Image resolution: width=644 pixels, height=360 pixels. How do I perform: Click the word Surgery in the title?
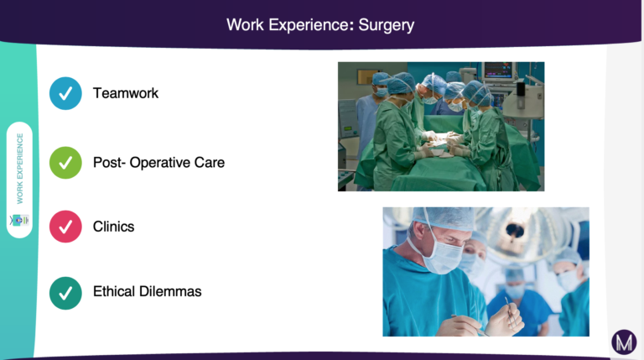click(x=386, y=25)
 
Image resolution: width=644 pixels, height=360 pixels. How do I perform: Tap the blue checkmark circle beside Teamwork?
click(x=65, y=93)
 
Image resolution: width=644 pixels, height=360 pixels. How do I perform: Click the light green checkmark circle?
click(x=65, y=163)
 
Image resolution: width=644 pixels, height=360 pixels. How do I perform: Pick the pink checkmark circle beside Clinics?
click(x=65, y=227)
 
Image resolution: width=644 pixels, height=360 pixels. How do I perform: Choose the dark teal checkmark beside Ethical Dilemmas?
click(x=65, y=293)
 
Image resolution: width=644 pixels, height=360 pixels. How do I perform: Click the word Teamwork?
click(x=126, y=93)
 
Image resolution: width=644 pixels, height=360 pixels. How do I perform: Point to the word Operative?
click(x=159, y=163)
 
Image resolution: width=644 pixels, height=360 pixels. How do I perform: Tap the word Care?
click(x=210, y=163)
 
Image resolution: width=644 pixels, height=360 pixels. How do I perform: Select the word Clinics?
click(x=114, y=227)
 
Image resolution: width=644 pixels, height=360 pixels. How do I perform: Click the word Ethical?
click(x=114, y=291)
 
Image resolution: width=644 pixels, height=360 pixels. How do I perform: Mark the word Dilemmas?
click(x=170, y=291)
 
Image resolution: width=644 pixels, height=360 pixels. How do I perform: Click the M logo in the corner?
click(x=624, y=342)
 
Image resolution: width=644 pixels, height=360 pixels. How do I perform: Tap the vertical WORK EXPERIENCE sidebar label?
click(x=20, y=169)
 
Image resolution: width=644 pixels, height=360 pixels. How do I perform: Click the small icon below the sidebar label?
click(x=20, y=220)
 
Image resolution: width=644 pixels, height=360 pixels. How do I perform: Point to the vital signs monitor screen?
click(x=498, y=70)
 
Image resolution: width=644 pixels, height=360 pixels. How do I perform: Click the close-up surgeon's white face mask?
click(x=444, y=256)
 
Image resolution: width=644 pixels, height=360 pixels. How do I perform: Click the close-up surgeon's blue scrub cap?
click(x=444, y=218)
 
